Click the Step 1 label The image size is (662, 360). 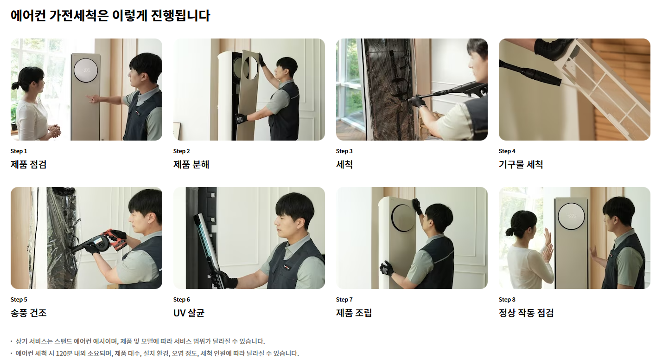19,151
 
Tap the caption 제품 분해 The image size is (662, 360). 191,165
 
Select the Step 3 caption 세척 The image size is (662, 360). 344,165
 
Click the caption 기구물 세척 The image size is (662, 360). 521,165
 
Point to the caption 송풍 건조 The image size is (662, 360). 29,313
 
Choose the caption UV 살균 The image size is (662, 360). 189,313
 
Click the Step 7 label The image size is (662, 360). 344,300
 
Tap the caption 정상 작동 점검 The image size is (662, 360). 526,313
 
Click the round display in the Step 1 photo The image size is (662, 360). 86,70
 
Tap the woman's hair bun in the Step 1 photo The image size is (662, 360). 15,86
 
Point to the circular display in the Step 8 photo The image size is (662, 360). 571,216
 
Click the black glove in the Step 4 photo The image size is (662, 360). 553,48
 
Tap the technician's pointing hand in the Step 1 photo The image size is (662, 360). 93,98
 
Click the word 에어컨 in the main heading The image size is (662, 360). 28,16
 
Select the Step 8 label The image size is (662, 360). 507,300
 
